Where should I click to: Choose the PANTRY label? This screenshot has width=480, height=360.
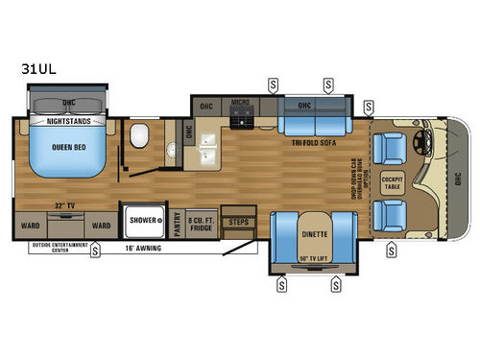click(x=179, y=223)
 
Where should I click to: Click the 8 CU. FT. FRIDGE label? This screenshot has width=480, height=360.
click(x=201, y=222)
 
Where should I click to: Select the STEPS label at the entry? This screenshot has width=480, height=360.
click(x=236, y=222)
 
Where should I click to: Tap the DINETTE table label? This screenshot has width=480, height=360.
click(x=310, y=229)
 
